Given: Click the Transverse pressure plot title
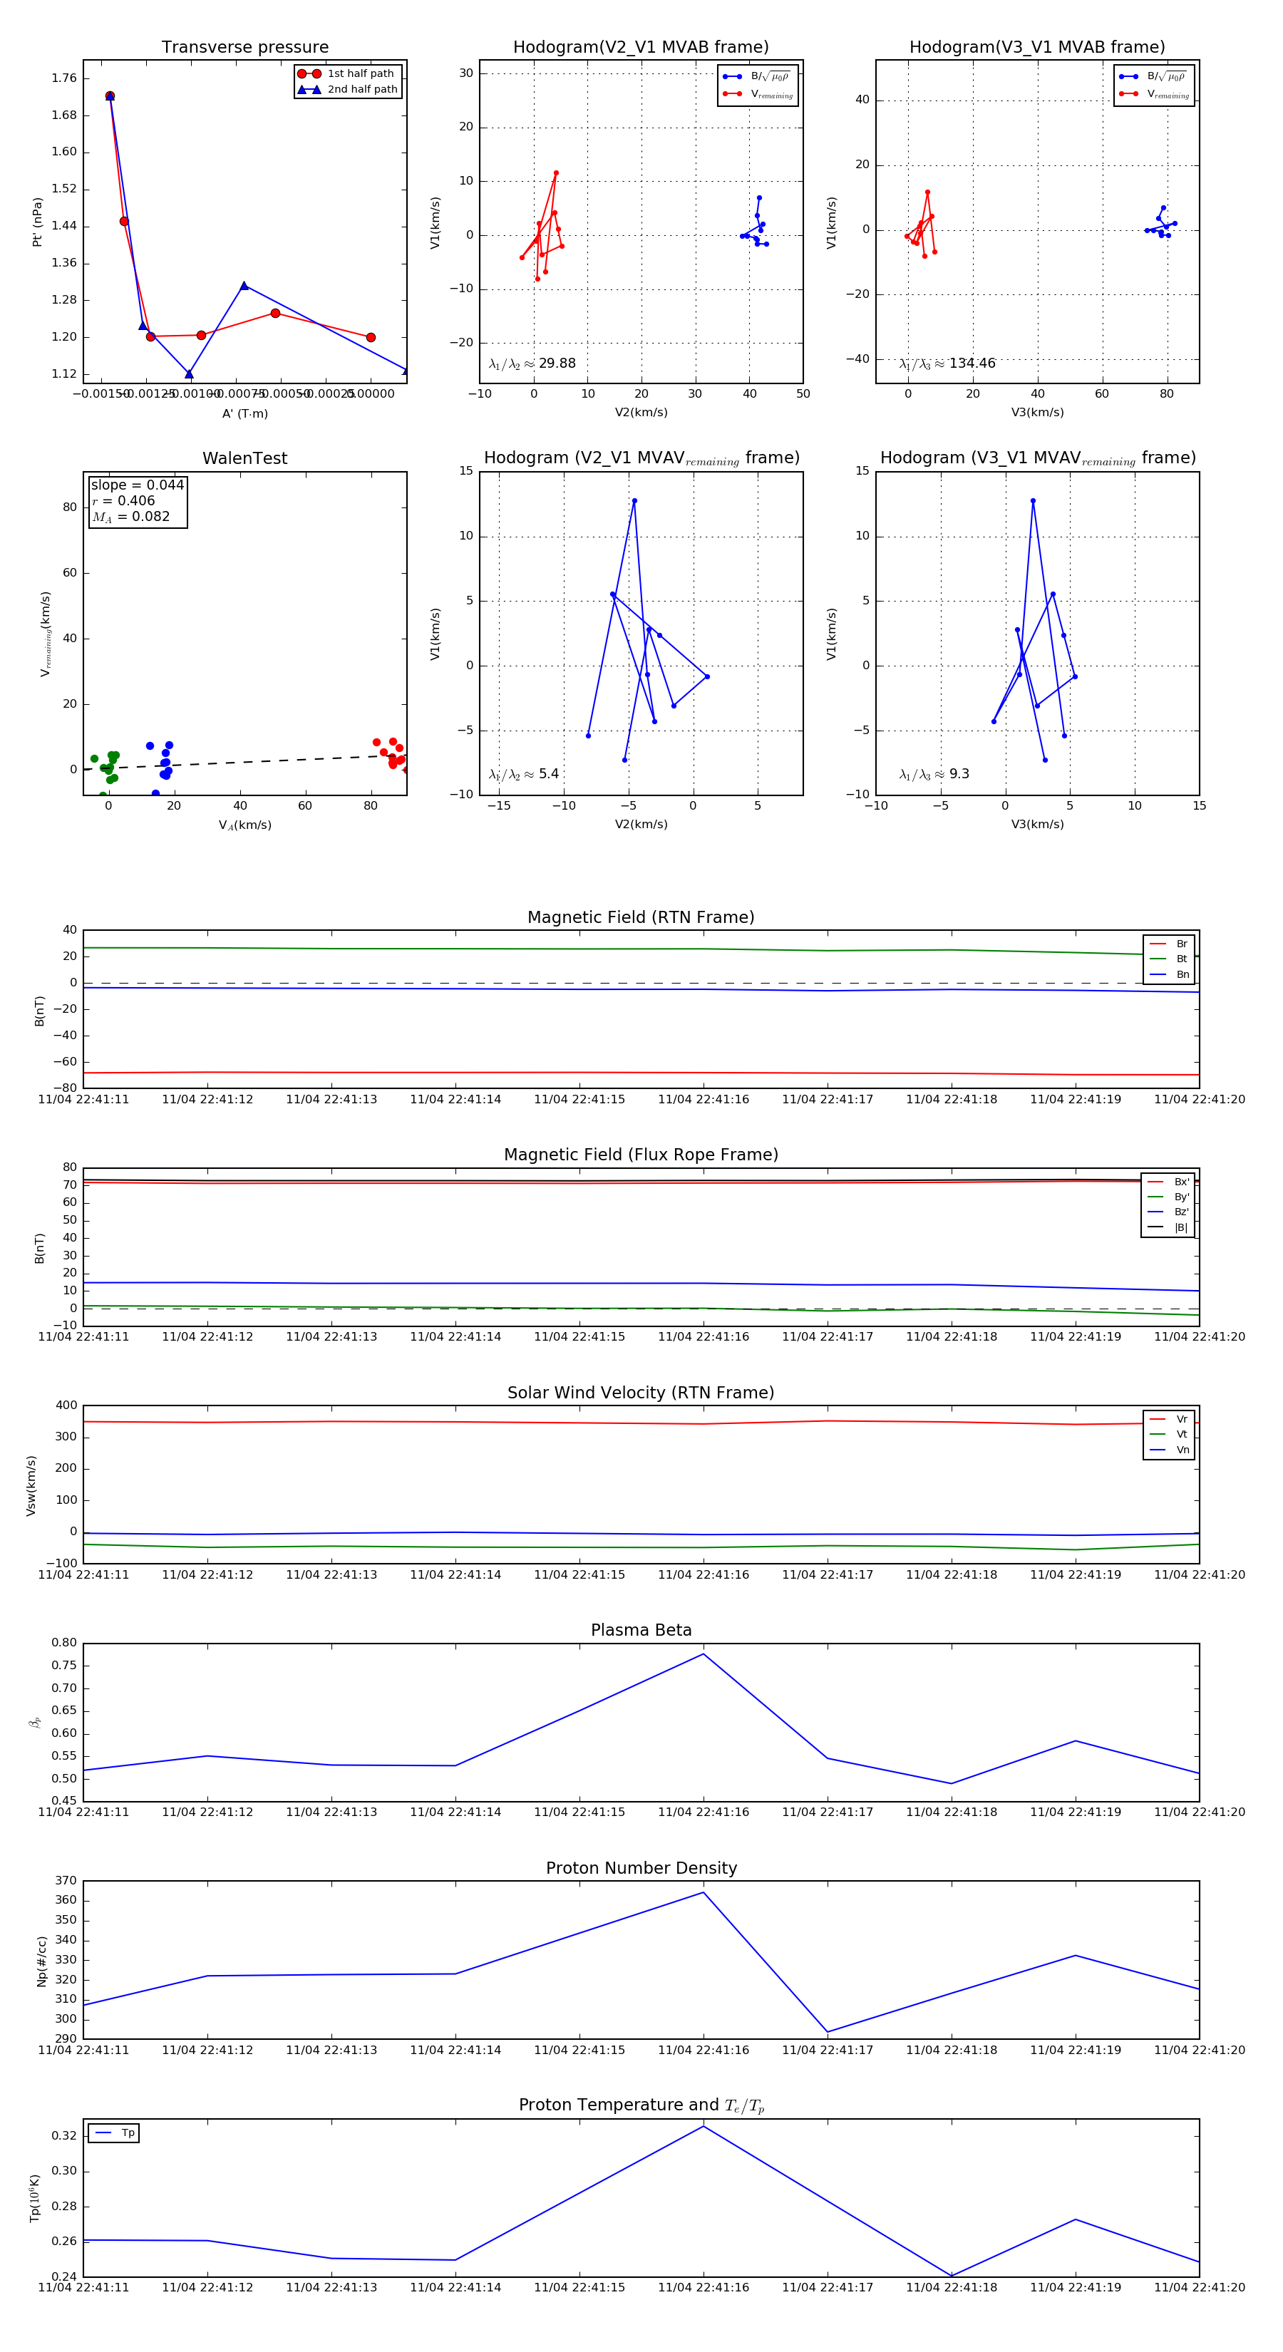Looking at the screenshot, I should click(244, 48).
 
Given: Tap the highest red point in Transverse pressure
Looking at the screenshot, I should click(110, 96).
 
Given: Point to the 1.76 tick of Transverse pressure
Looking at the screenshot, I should click(64, 78).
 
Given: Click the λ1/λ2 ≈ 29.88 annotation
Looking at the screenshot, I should click(532, 363).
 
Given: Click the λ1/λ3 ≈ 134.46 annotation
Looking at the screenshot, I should click(947, 363).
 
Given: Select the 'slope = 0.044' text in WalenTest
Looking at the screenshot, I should click(137, 485).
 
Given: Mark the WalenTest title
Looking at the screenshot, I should click(244, 458).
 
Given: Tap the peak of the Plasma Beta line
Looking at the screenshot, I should click(703, 1654).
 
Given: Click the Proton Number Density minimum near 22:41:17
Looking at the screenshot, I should click(828, 2033).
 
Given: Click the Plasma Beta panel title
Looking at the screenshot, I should click(641, 1630).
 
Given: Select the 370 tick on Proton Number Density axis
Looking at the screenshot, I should click(66, 1880).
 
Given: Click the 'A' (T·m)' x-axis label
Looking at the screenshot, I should click(244, 413).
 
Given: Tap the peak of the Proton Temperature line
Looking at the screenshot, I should click(703, 2127).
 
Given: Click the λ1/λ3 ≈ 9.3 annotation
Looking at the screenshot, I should click(934, 774).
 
